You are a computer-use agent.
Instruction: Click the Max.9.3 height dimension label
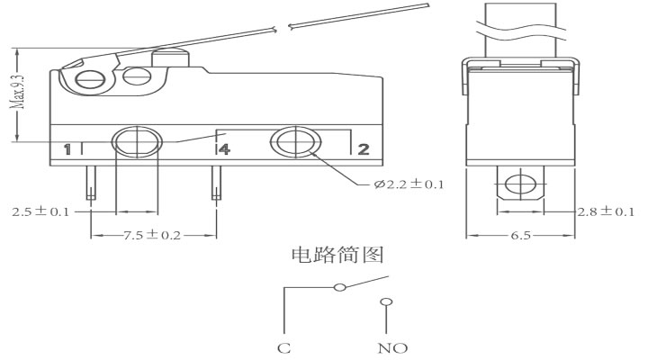point(18,92)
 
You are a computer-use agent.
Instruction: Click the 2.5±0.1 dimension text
point(40,212)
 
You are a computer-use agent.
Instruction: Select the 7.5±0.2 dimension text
point(152,235)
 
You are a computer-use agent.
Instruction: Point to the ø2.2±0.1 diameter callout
point(409,184)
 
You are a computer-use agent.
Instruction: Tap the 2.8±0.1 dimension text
point(606,212)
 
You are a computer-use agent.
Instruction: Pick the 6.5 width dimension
point(520,235)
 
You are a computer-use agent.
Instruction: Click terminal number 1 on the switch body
point(67,149)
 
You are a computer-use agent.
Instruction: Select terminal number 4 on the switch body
point(224,149)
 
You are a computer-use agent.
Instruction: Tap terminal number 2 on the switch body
point(364,149)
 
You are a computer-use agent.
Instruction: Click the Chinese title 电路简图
point(337,255)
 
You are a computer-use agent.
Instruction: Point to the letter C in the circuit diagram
point(283,348)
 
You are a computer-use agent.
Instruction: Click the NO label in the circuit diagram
point(392,348)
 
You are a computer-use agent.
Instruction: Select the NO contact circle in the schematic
point(386,302)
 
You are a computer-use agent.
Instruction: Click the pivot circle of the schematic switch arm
point(339,287)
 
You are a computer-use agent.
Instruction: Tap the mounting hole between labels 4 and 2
point(295,142)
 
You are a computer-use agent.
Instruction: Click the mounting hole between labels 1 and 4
point(137,142)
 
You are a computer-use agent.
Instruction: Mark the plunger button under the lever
point(170,58)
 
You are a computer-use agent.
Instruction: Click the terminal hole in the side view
point(520,184)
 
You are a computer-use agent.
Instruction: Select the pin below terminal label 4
point(216,183)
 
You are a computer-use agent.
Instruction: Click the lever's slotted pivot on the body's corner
point(91,79)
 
